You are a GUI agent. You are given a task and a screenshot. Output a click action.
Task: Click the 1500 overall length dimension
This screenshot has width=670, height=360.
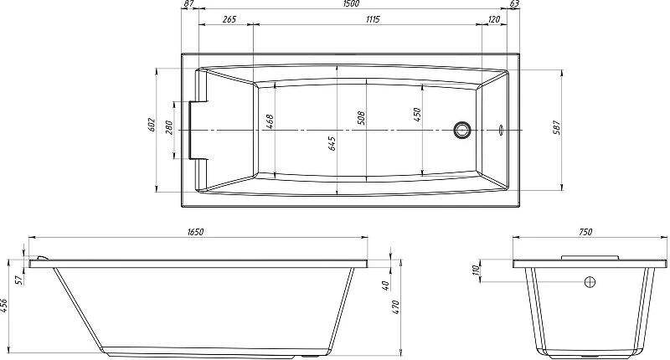(351, 3)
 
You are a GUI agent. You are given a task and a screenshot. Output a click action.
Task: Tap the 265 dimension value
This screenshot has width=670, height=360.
(229, 19)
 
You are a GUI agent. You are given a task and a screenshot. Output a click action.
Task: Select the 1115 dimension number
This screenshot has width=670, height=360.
(373, 19)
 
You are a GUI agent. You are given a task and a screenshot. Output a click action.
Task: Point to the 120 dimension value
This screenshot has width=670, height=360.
(494, 19)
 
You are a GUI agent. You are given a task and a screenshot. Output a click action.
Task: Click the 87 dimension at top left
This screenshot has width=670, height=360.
(188, 3)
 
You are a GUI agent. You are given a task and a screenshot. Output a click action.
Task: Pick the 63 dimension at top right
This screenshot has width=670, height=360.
(514, 3)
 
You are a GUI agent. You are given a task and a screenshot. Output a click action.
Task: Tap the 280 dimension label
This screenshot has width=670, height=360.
(169, 128)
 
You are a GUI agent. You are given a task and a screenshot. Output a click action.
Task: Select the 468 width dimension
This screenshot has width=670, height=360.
(270, 122)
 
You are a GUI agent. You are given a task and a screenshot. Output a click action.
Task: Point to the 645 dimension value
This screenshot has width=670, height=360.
(332, 143)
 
